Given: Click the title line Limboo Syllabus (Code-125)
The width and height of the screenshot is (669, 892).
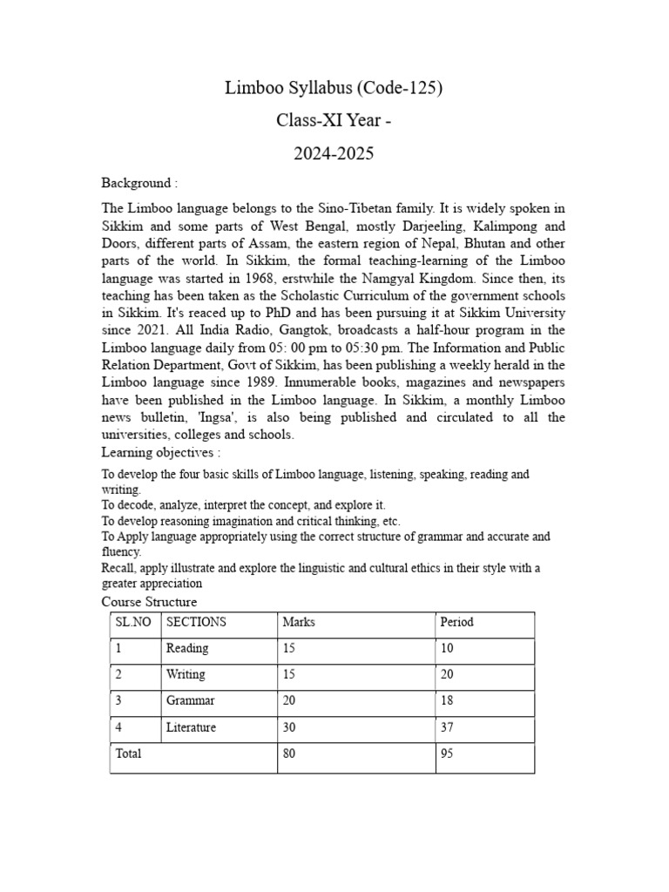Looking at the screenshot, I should [334, 88].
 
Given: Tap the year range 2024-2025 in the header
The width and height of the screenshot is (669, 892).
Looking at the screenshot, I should [334, 154].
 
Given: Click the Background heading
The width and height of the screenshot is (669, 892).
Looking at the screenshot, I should [139, 183].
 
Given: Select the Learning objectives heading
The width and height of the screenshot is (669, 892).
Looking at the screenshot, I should [160, 452].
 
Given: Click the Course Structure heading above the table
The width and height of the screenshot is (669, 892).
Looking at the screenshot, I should [149, 602].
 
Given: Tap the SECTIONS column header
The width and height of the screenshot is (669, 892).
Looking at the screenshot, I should [196, 622].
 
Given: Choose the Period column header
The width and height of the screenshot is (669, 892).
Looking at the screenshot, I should [456, 622].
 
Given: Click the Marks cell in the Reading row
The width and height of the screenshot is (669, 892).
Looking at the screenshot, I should [289, 648].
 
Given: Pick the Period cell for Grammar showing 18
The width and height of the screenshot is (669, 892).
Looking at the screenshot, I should [447, 700].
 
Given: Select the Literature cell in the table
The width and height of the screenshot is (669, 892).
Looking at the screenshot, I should [191, 726].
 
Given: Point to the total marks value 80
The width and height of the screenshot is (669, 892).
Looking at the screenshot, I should [289, 753].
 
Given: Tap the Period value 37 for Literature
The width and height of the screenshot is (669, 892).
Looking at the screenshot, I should [447, 726].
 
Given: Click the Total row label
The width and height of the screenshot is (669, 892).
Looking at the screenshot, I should [128, 753].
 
